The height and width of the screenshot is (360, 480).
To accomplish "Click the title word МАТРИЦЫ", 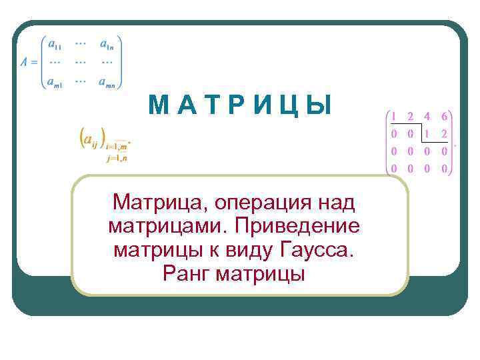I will [239, 105].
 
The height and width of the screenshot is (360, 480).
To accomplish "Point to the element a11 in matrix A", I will [54, 44].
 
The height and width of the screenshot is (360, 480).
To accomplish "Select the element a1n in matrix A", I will [107, 44].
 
